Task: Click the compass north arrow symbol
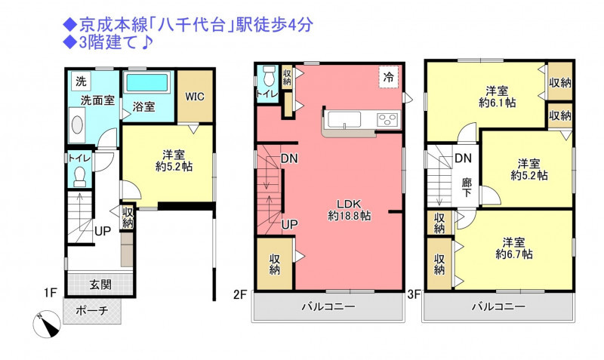tap(47, 324)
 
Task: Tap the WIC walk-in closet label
tap(195, 97)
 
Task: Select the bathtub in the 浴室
tap(147, 83)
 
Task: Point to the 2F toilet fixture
tap(270, 75)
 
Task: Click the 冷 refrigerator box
tap(388, 77)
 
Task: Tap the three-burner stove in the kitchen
tap(388, 118)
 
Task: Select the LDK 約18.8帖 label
tap(349, 210)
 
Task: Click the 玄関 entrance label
tap(100, 285)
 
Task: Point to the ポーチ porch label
tap(92, 310)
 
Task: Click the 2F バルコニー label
tap(328, 307)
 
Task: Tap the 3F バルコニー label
tap(498, 307)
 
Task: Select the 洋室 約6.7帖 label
tap(514, 248)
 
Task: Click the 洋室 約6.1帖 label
tap(497, 97)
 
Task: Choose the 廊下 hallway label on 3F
tap(467, 187)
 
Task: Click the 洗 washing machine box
tap(81, 82)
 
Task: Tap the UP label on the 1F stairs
tap(103, 231)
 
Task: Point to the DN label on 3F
tap(463, 158)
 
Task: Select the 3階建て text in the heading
tap(107, 43)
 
